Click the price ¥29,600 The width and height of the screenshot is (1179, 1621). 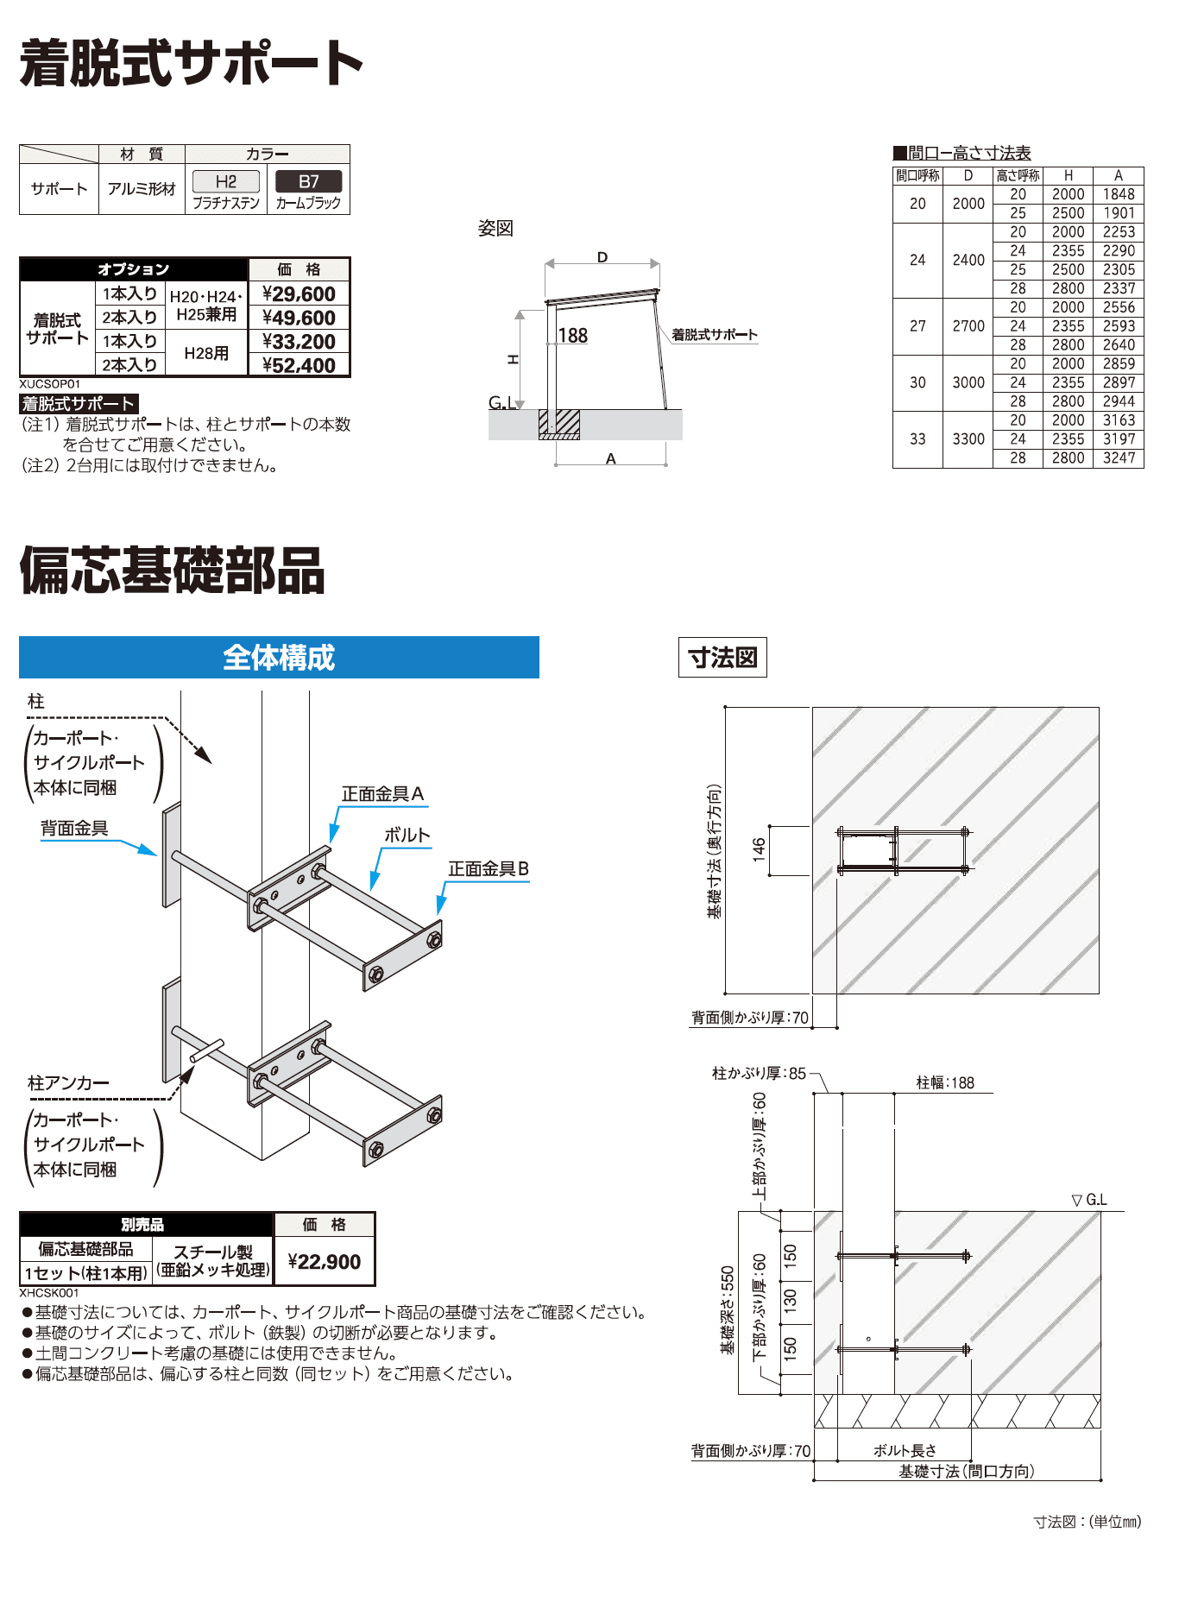coord(299,294)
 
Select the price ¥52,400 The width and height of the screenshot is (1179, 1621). coord(299,366)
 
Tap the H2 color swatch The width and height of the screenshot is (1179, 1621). coord(225,181)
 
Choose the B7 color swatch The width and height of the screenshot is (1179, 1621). coord(308,181)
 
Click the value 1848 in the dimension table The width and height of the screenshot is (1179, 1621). coord(1118,194)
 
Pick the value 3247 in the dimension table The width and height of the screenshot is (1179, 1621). coord(1118,458)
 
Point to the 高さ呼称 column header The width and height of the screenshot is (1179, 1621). coord(1018,175)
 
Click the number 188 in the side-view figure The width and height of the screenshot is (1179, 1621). coord(572,336)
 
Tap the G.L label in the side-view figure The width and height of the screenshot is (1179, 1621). coord(501,402)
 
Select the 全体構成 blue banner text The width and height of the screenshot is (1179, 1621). coord(279,658)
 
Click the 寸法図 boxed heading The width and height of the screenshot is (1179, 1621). coord(722,658)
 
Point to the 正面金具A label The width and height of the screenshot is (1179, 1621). coord(382,794)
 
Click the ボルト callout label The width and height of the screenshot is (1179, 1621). coord(407,836)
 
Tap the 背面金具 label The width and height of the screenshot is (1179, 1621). coord(74,829)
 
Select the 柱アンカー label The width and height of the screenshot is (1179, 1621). coord(68,1083)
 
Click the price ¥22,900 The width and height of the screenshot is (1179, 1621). coord(325,1262)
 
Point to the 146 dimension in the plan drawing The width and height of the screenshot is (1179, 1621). coord(759,849)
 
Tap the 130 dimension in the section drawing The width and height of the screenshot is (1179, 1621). coord(790,1300)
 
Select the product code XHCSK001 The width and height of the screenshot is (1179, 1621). coord(49,1293)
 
